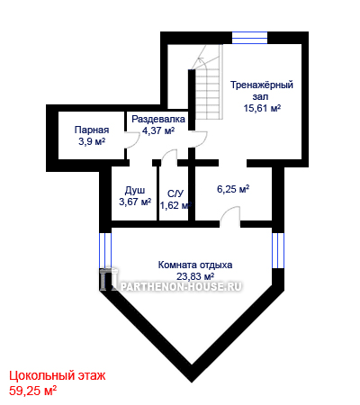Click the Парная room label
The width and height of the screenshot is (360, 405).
coord(92,130)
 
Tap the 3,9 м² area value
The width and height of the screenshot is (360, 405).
coord(92,141)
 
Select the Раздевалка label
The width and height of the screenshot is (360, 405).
coord(158,119)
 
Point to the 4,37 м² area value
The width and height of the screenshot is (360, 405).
coord(158,130)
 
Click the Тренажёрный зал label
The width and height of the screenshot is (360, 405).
coord(262,91)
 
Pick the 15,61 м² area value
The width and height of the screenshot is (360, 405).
coord(262,108)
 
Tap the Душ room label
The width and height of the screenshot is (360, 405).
coord(135,190)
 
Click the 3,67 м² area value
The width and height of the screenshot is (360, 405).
coord(135,202)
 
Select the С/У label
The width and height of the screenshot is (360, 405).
coord(175,194)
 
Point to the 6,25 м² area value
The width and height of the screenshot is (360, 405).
coord(233,189)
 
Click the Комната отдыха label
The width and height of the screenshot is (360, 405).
coord(195,265)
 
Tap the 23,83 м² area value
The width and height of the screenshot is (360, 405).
coord(195,275)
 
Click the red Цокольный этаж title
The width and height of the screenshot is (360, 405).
coord(58,375)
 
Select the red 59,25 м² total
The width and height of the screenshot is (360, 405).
coord(33,391)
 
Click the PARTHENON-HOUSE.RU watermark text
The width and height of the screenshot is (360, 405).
coord(181,286)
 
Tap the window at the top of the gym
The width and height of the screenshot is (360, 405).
coord(249,38)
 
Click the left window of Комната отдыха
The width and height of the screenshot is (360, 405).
coord(105,250)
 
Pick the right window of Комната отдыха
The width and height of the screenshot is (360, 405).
coord(278,250)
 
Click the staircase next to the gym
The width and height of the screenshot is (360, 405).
coord(208,83)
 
